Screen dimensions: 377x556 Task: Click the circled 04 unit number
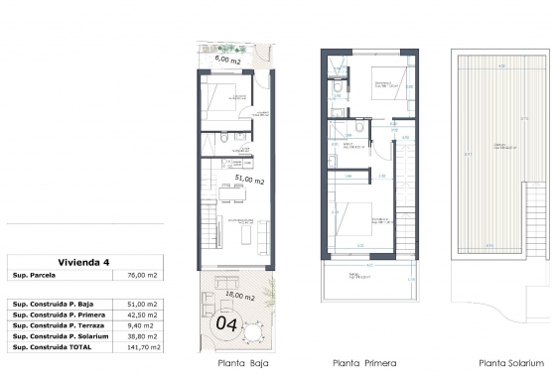[x=226, y=322]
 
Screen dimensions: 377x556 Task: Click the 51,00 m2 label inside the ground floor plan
[x=249, y=181]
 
